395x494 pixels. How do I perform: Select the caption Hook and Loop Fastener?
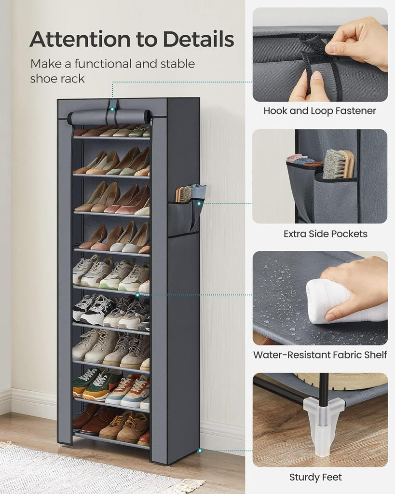coord(320,111)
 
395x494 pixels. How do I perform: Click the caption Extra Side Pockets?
coord(326,234)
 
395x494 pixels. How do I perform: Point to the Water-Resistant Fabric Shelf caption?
coord(320,355)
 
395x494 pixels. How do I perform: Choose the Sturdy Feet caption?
coord(315,477)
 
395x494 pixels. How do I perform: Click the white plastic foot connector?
coord(323,425)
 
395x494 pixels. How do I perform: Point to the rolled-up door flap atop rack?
coord(109,117)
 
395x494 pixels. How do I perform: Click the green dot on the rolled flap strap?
coord(112,109)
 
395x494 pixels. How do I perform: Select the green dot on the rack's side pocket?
coord(199,204)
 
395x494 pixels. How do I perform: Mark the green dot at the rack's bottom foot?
coord(200,451)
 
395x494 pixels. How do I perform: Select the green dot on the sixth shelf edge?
coord(137,294)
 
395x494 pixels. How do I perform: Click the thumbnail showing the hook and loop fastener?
coord(320,55)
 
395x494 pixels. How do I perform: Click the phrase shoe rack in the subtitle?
coord(57,79)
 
